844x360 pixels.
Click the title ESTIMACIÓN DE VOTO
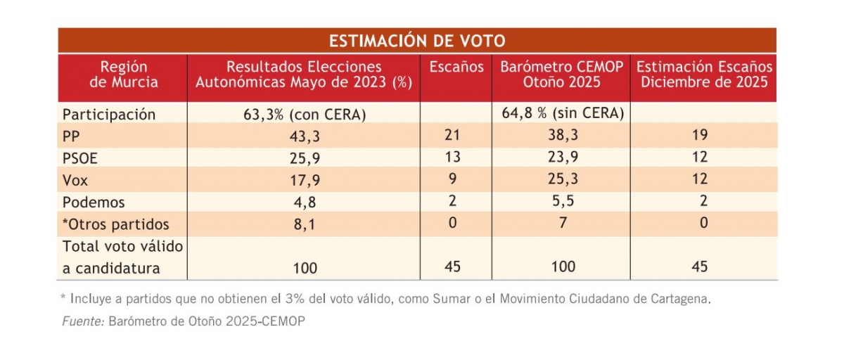point(417,40)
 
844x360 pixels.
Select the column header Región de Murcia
point(124,75)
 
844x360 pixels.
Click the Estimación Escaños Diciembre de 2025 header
point(704,75)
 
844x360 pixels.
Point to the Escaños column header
point(456,67)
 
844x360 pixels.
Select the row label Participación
point(108,114)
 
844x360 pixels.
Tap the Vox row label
point(75,180)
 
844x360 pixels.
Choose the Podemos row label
point(94,202)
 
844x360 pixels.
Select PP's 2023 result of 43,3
point(305,136)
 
